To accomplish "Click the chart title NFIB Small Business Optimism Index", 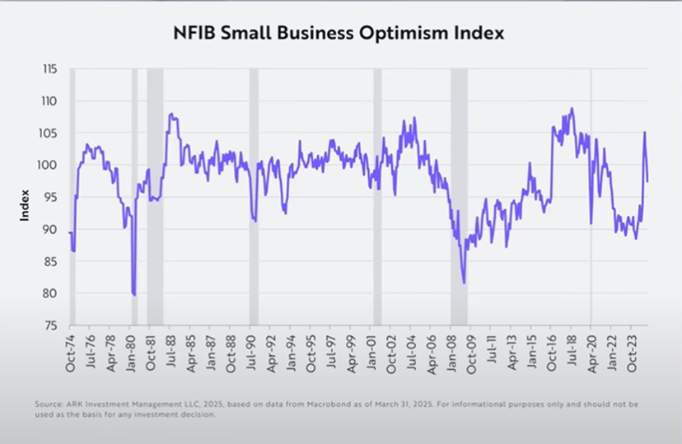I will coord(339,34).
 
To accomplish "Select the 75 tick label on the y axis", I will coord(50,326).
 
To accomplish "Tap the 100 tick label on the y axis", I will coord(48,166).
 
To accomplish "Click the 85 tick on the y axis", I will coord(50,262).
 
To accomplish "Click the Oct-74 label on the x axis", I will coord(71,353).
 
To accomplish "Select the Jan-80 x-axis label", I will coord(131,353).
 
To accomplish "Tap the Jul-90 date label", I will coord(252,353).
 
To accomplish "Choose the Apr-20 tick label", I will coord(592,353).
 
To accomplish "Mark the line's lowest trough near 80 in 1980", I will coord(133,294).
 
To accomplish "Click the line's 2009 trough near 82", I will coord(464,283).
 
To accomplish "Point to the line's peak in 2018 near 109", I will coord(572,108).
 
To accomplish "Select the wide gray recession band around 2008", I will coord(459,198).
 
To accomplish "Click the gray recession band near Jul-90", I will coord(254,198).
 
